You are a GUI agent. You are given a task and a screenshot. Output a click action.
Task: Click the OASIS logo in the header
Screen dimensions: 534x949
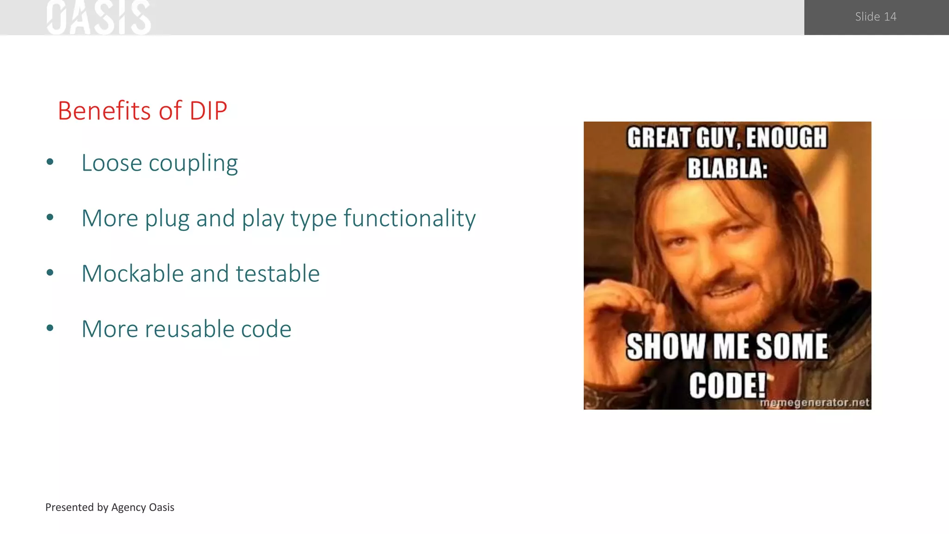pyautogui.click(x=99, y=18)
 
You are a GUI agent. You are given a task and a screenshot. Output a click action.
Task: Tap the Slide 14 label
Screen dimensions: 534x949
pyautogui.click(x=875, y=17)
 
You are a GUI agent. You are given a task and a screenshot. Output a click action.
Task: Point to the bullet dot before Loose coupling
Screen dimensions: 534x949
pyautogui.click(x=50, y=162)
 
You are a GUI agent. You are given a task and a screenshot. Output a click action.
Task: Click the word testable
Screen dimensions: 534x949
pyautogui.click(x=278, y=273)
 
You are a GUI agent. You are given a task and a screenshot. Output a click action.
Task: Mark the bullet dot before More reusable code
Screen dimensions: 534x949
pyautogui.click(x=50, y=328)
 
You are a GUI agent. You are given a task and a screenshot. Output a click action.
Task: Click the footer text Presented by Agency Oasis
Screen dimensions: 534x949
pyautogui.click(x=110, y=507)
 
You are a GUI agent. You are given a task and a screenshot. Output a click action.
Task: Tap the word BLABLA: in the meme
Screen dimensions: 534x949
pyautogui.click(x=727, y=168)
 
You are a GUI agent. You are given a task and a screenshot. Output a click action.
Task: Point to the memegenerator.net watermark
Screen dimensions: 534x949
pyautogui.click(x=814, y=402)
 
